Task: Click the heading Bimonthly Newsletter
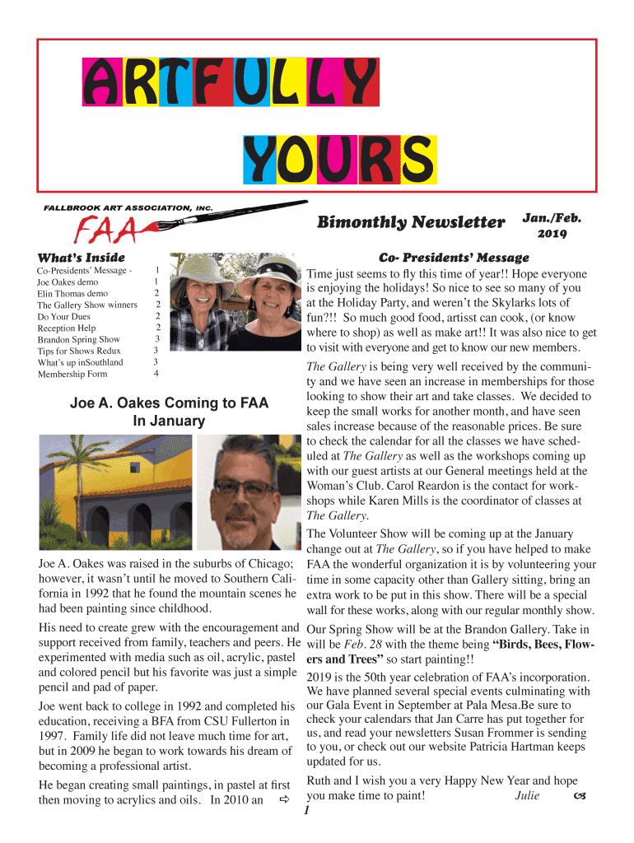(x=411, y=222)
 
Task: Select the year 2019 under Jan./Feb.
(x=551, y=234)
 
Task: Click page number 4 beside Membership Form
(x=156, y=374)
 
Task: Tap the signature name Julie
(x=527, y=796)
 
